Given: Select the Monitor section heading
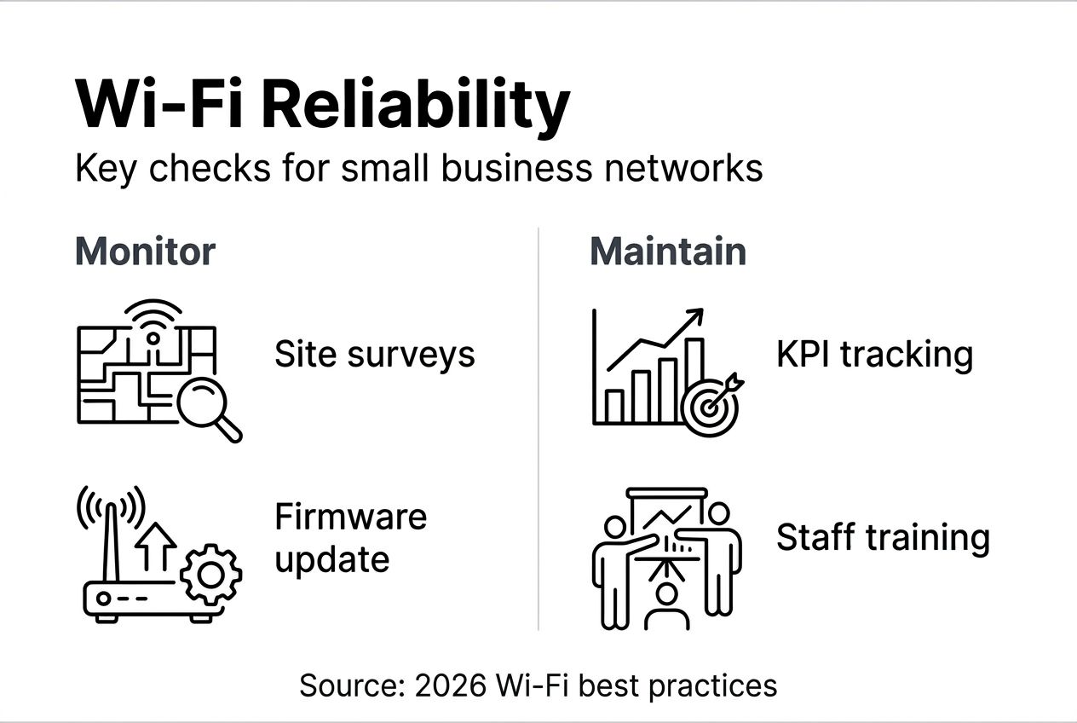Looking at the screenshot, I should (x=145, y=252).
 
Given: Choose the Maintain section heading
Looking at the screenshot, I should (x=667, y=252).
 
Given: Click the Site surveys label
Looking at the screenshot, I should (x=374, y=354).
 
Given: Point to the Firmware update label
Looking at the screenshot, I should (x=350, y=538).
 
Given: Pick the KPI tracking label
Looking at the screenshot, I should (x=874, y=354).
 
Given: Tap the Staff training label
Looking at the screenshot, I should (x=883, y=538).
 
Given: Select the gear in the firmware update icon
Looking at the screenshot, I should (x=211, y=575).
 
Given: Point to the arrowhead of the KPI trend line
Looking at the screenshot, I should (x=696, y=316).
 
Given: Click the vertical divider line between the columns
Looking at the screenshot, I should (x=538, y=426).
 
